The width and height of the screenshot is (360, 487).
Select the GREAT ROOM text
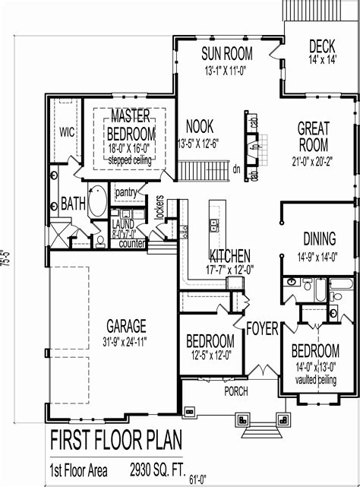point(312,137)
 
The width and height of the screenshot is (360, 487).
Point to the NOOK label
point(199,127)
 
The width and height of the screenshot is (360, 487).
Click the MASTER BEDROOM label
point(130,124)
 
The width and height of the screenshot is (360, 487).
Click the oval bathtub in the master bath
point(96,204)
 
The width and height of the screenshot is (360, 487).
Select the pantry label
point(126,193)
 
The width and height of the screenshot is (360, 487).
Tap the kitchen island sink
point(215,225)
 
